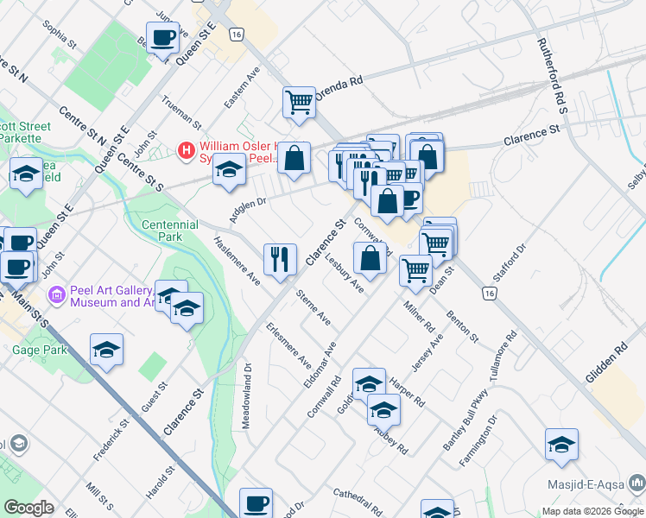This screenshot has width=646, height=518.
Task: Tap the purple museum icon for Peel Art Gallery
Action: click(58, 296)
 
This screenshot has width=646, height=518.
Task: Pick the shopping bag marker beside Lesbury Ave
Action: click(370, 258)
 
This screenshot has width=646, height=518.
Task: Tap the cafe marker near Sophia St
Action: click(162, 39)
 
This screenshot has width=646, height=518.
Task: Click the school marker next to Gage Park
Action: click(106, 350)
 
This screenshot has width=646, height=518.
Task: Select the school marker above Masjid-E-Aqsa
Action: click(561, 445)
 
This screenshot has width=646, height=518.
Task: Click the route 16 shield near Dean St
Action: click(490, 294)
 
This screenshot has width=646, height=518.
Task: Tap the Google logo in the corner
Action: click(29, 508)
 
